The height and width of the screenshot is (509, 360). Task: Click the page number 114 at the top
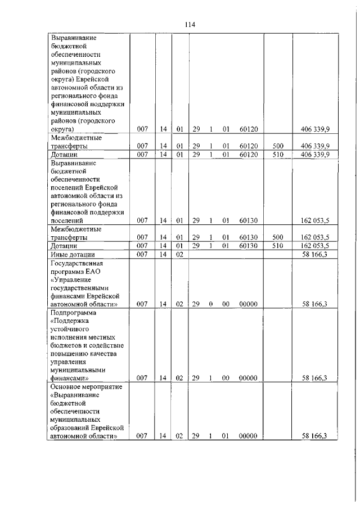tap(189, 25)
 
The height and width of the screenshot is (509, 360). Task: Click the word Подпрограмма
tap(74, 313)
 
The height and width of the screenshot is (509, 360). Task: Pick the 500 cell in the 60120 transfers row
tap(278, 146)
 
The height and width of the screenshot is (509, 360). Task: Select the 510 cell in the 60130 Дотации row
tap(278, 246)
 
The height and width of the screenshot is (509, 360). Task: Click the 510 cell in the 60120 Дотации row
tap(278, 154)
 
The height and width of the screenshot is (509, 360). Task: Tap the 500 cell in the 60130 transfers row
tap(278, 238)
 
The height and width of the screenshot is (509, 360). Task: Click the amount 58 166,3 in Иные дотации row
tap(316, 255)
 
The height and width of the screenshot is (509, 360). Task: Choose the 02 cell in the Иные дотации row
tap(179, 255)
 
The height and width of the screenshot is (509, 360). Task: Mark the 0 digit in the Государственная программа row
tap(210, 304)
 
